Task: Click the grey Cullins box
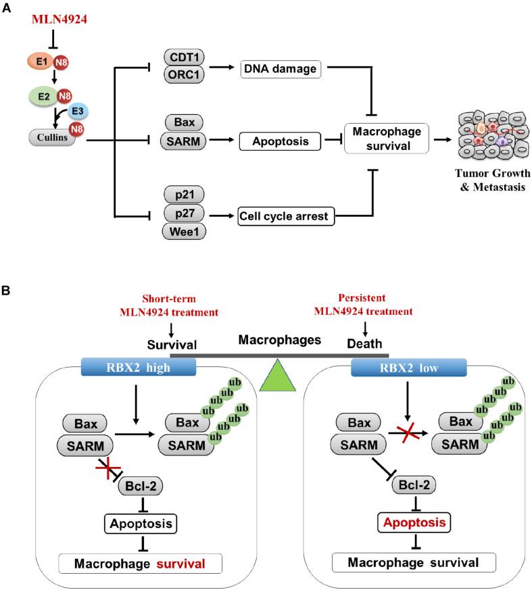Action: click(x=47, y=137)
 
